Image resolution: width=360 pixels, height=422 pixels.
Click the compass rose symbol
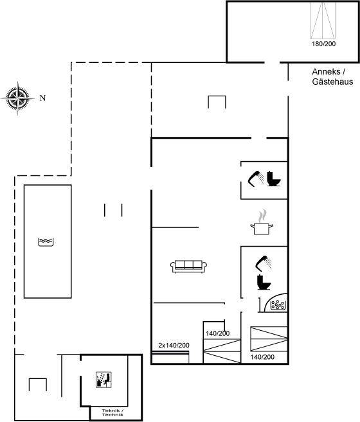click(18, 98)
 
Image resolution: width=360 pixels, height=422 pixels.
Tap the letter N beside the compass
click(42, 98)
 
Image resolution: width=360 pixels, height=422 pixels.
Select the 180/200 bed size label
click(323, 44)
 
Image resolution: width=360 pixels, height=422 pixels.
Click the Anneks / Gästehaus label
click(332, 76)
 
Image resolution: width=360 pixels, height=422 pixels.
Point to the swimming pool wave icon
click(46, 242)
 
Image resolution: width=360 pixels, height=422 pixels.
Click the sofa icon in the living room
click(188, 267)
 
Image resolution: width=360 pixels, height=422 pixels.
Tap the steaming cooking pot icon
click(262, 223)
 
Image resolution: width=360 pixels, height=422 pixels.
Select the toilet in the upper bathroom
click(273, 179)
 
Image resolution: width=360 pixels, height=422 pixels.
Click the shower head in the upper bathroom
click(256, 179)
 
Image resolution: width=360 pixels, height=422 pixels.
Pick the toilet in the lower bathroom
click(264, 282)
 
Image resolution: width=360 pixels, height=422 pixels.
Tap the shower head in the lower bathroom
click(264, 263)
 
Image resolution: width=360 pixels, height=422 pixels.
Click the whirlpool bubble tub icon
click(278, 305)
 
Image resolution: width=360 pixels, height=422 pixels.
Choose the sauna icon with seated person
click(104, 380)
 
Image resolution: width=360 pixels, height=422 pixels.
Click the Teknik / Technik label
click(113, 412)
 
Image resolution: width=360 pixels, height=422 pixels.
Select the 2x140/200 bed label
click(174, 346)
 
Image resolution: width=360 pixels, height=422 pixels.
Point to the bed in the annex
click(322, 21)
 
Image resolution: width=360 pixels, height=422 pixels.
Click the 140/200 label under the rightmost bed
click(262, 357)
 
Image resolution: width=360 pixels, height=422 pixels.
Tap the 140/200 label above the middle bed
click(218, 333)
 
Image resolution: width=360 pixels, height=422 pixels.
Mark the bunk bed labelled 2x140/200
click(170, 357)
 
